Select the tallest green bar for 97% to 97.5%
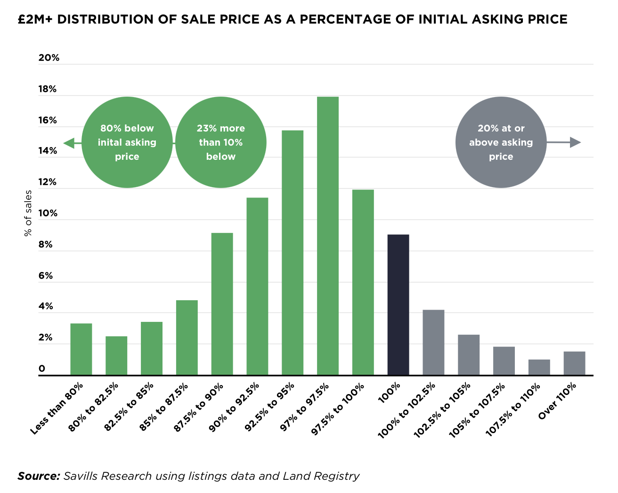coord(328,236)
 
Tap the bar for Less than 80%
coord(81,349)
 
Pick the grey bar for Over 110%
coord(574,363)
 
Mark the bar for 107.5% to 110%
coord(539,367)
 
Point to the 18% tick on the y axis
coord(48,89)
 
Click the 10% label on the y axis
coord(48,213)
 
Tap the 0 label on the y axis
coord(42,369)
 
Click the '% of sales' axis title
coord(28,213)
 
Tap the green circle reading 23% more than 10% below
coord(220,142)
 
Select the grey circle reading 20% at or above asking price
coord(501,142)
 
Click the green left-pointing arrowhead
coord(69,143)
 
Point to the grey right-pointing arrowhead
coord(575,142)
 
